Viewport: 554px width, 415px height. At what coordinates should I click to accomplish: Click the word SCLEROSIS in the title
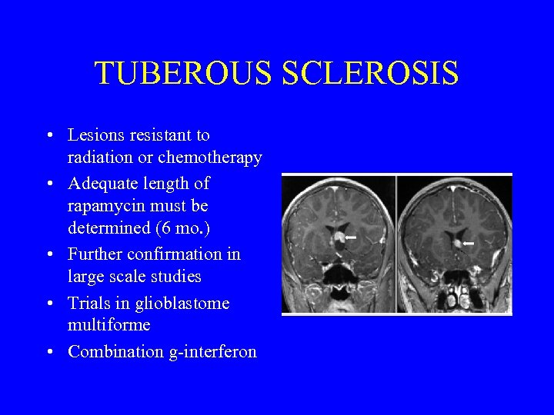(370, 74)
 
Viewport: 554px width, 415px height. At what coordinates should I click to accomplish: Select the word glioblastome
(182, 304)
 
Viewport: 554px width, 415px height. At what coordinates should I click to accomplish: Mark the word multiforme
(108, 326)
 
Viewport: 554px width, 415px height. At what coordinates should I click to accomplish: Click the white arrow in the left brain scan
(351, 238)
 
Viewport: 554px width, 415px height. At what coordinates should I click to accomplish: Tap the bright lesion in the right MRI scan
(456, 244)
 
